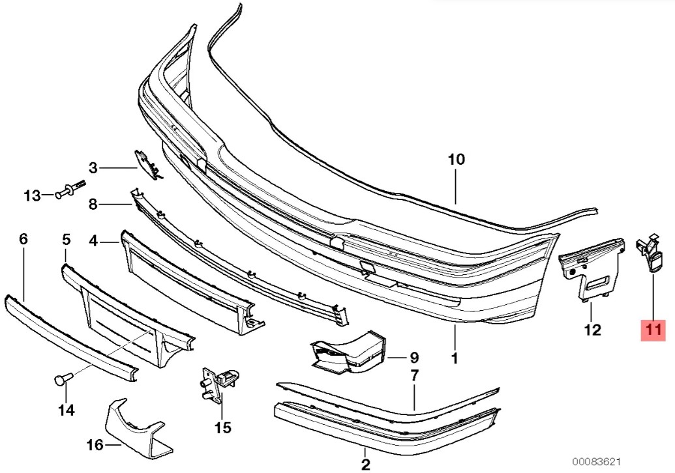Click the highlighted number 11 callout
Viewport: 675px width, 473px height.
[x=653, y=330]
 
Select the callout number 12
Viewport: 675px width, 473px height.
[x=592, y=330]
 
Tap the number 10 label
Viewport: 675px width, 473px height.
[x=457, y=160]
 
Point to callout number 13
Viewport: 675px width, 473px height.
[x=32, y=196]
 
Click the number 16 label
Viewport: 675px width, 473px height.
[x=95, y=444]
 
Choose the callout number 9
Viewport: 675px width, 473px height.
[x=413, y=357]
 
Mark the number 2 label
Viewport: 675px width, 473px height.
[x=365, y=465]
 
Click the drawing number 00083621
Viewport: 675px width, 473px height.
[x=596, y=462]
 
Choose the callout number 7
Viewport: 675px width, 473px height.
[x=414, y=376]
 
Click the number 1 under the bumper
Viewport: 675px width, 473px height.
[x=454, y=358]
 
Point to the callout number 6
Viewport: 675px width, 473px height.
[x=23, y=238]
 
